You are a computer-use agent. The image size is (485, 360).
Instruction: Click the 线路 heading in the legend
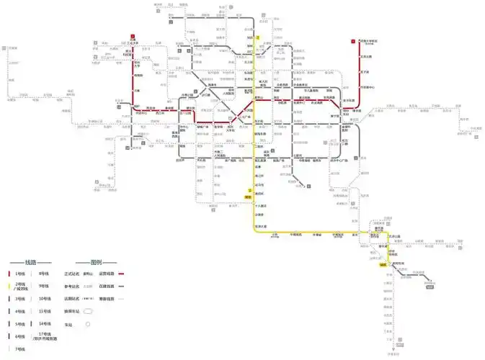30,262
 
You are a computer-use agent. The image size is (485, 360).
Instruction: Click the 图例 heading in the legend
96,262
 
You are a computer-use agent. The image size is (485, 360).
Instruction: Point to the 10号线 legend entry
44,299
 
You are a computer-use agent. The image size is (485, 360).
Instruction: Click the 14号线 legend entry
44,323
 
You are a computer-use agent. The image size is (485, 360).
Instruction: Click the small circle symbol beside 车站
88,324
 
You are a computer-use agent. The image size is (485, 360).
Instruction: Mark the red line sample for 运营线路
122,274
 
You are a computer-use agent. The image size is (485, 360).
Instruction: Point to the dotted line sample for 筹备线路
122,299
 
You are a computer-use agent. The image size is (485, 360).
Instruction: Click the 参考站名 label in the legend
71,287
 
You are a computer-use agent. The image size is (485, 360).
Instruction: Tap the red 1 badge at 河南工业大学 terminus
133,35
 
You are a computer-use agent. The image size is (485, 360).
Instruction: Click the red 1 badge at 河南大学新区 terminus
352,41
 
